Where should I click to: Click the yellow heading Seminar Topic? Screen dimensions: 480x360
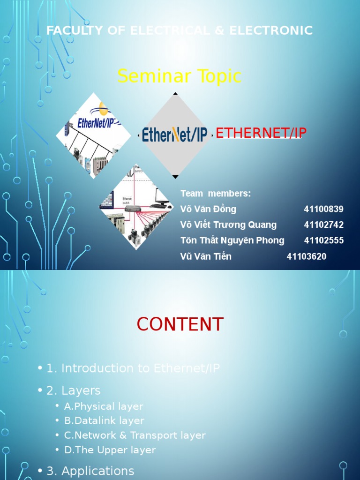[180, 76]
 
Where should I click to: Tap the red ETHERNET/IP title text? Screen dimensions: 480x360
[261, 133]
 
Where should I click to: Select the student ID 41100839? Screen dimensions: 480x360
[323, 209]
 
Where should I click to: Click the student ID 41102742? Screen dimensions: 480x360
[323, 225]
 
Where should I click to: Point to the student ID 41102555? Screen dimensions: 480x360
[323, 240]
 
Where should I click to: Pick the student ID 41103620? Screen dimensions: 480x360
[307, 256]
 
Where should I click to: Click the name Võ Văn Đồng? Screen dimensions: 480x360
[208, 209]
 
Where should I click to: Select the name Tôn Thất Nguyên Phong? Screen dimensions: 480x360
[232, 240]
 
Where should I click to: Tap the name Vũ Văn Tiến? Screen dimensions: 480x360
[206, 256]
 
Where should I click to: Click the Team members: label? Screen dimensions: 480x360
[216, 194]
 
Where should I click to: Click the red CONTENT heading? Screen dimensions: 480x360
[180, 324]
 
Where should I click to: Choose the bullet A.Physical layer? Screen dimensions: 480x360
[104, 406]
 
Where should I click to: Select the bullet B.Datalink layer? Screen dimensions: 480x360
[104, 421]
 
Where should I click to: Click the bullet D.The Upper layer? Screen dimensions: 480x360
[110, 450]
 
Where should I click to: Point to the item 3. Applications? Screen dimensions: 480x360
[90, 471]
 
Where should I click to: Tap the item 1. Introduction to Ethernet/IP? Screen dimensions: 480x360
[133, 368]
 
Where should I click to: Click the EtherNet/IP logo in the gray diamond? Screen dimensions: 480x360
[175, 135]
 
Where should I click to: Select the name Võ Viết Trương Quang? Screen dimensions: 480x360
[228, 225]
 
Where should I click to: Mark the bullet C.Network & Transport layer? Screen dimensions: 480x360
[135, 435]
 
